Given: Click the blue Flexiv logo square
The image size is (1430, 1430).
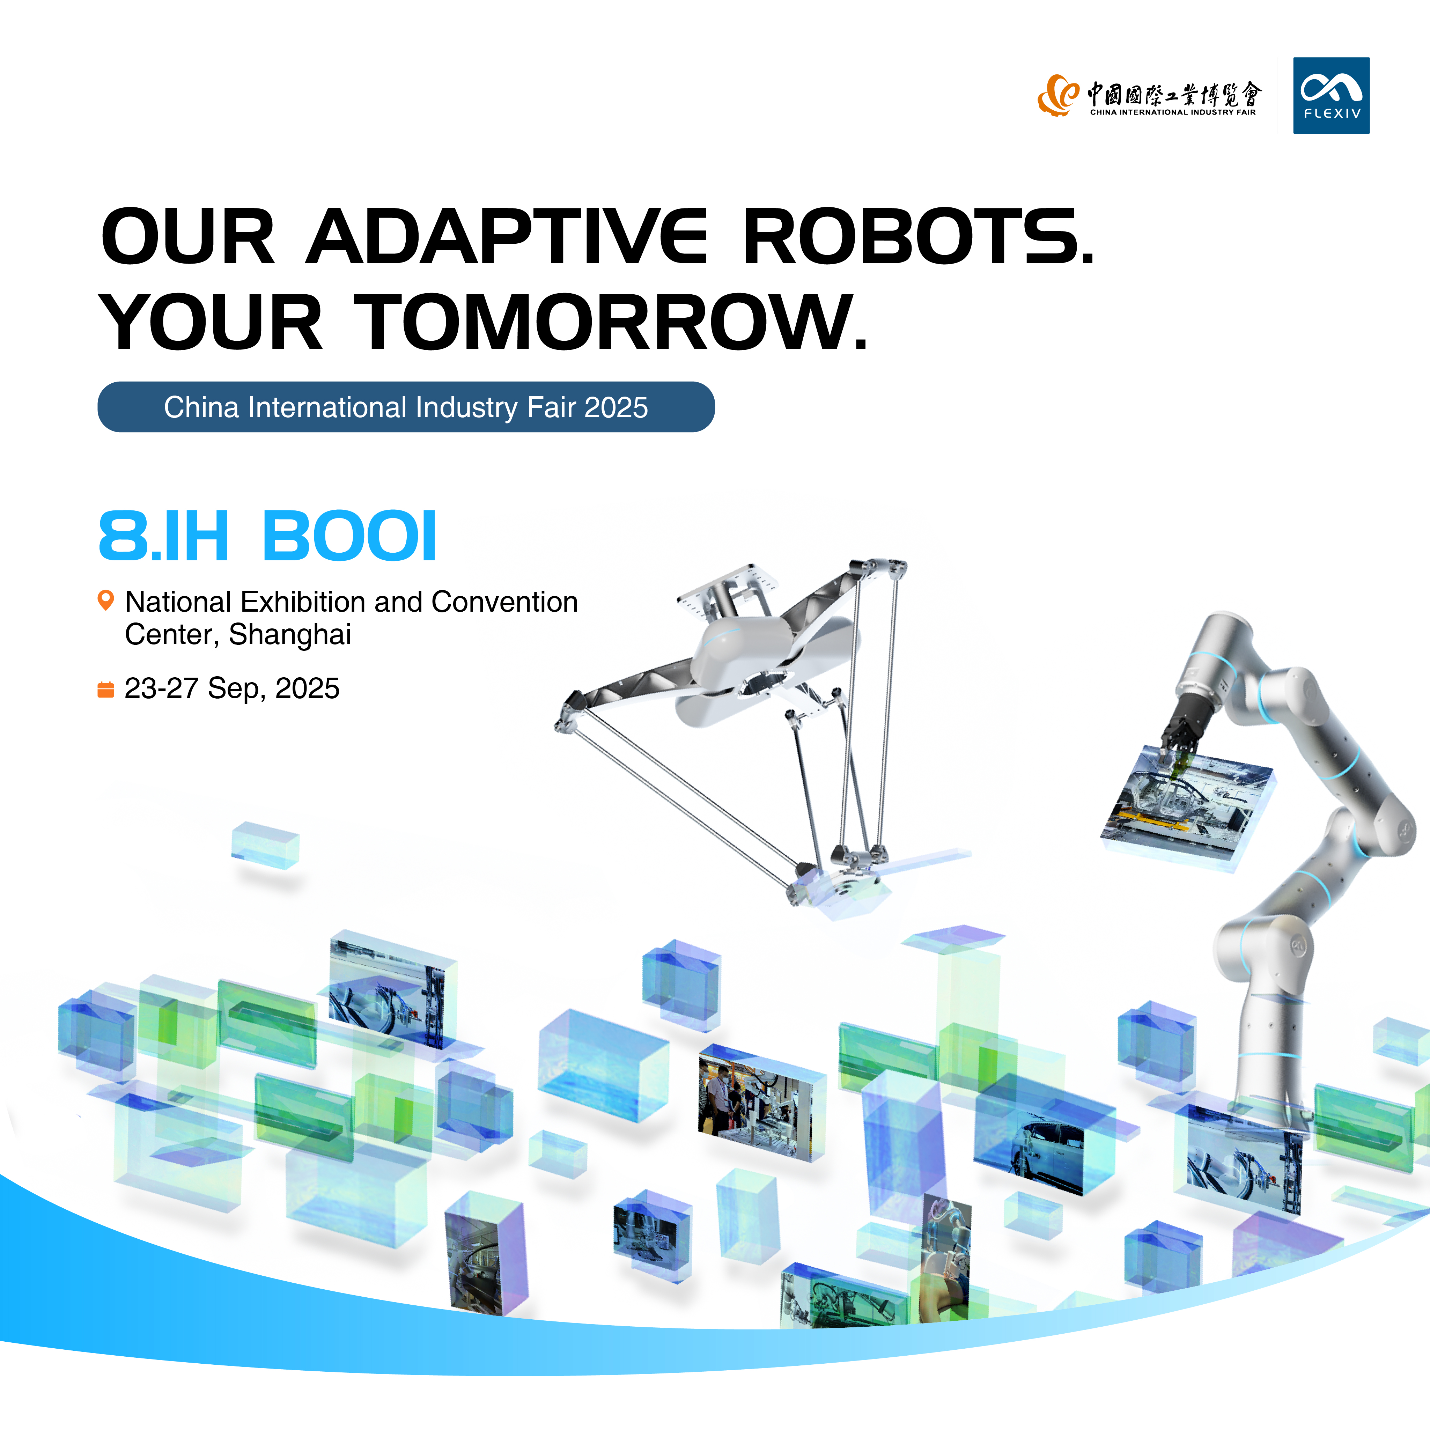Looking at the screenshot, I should point(1331,95).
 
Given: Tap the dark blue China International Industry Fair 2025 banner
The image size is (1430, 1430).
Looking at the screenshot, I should point(406,407).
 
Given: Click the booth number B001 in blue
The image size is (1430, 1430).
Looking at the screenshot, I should point(349,536).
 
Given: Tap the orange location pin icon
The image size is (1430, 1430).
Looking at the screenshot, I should point(106,599).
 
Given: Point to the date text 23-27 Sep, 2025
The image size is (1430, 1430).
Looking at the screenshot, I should point(232,688).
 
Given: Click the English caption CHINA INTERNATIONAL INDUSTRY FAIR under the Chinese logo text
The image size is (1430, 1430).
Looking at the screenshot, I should point(1172,112).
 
